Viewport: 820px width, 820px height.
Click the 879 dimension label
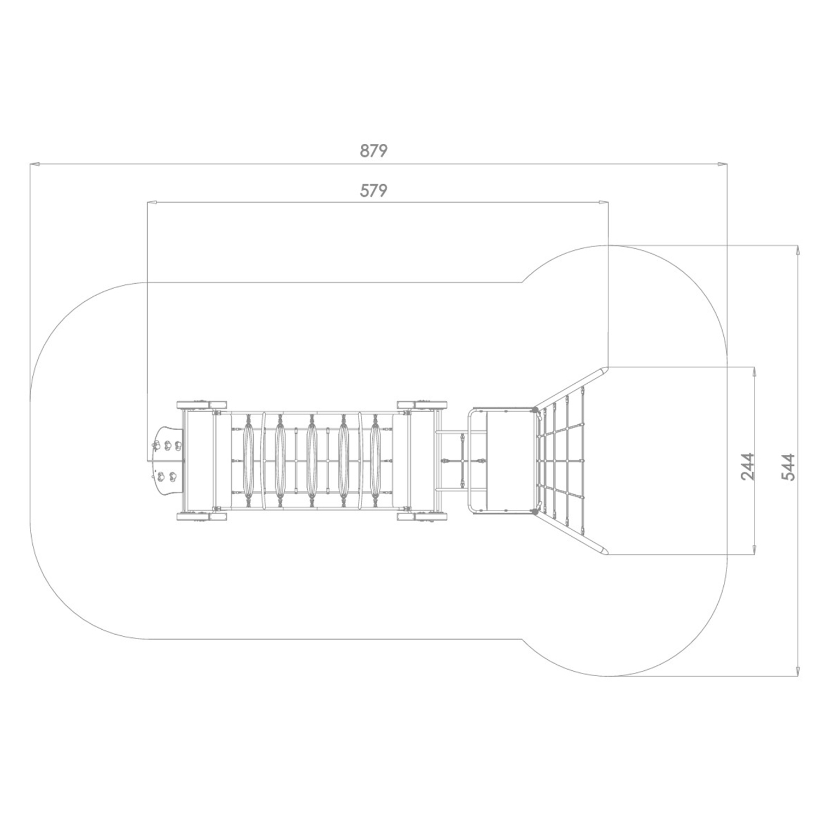373,150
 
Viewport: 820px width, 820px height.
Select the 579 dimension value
373,190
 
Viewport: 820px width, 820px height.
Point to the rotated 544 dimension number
788,466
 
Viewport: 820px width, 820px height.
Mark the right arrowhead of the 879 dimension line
722,163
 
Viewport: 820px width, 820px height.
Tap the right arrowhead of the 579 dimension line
603,203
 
